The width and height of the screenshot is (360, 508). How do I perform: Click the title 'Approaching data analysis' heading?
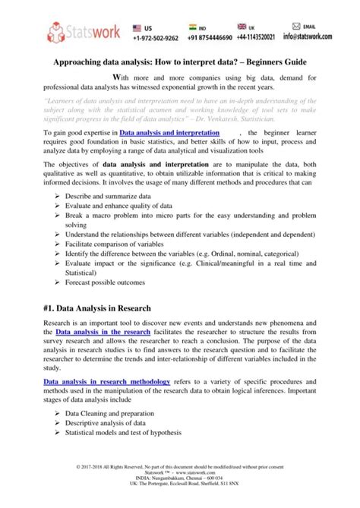(x=179, y=65)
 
